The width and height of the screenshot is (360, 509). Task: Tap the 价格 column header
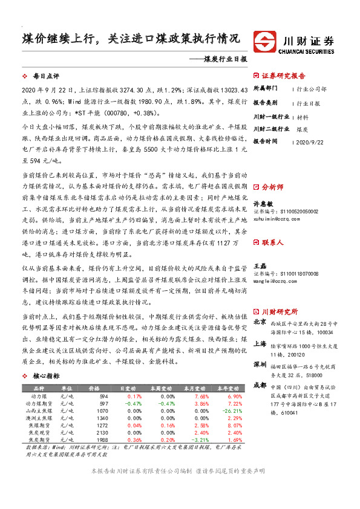tap(94, 388)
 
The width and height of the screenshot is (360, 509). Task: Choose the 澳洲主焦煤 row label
tap(38, 418)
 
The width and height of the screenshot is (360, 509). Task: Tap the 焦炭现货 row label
tap(38, 432)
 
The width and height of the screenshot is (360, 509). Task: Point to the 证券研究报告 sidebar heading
tap(284, 76)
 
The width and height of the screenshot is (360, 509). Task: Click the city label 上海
tap(260, 343)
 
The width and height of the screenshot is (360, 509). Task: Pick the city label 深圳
tap(260, 365)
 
